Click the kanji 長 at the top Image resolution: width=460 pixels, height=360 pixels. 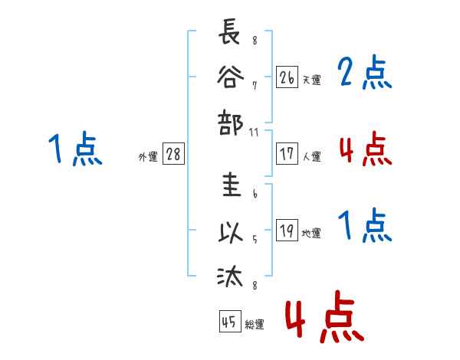[229, 31]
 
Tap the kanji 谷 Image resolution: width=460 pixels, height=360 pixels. [230, 77]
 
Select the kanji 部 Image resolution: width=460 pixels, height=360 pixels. [230, 123]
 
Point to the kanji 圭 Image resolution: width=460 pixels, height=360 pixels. [232, 185]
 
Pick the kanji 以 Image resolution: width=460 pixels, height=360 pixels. [231, 233]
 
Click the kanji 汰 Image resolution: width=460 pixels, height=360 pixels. [230, 276]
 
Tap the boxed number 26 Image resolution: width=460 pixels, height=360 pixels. [287, 77]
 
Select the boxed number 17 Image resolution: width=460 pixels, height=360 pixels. [287, 154]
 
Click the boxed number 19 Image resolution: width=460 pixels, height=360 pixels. [287, 230]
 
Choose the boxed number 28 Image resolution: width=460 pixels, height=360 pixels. [173, 154]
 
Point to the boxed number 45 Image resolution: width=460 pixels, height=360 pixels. [230, 321]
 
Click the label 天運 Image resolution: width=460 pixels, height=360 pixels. [312, 80]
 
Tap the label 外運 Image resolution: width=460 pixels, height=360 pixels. [148, 156]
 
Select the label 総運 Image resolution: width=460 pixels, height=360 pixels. [255, 324]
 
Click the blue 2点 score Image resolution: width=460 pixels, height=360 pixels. [364, 73]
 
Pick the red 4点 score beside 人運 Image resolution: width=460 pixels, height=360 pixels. [366, 149]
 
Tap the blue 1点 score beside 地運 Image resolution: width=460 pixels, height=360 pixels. [365, 225]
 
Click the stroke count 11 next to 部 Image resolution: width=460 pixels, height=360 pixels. [254, 133]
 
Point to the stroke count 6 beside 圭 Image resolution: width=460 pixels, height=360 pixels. [255, 194]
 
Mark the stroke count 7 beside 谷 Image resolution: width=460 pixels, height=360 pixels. [255, 86]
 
